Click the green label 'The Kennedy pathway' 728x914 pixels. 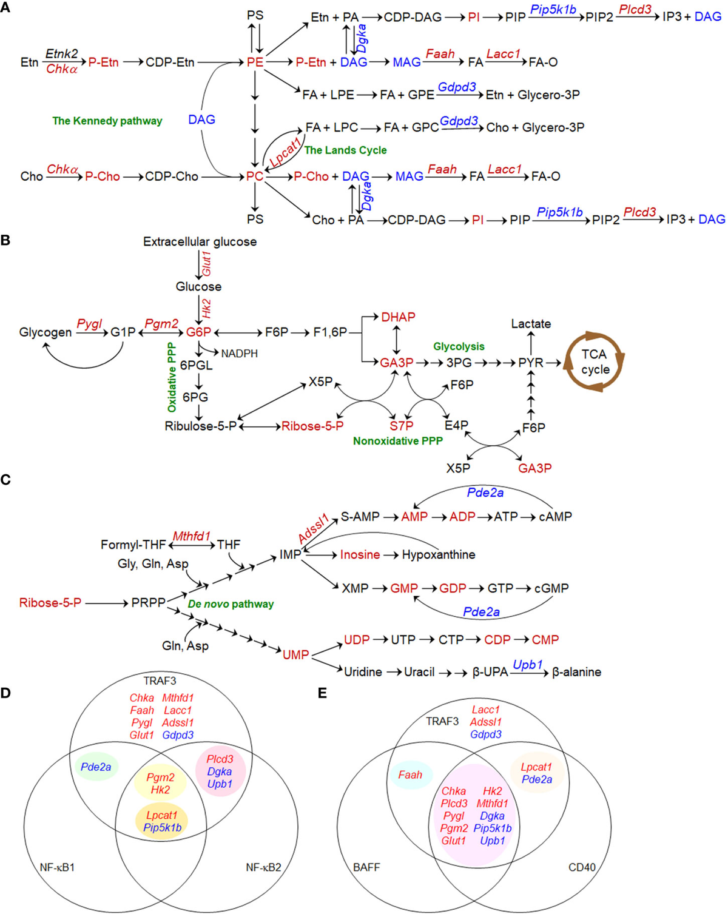point(107,121)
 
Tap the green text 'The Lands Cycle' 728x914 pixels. point(345,150)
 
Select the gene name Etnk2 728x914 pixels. point(61,53)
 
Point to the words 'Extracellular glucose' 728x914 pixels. point(200,241)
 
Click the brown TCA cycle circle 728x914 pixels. point(595,361)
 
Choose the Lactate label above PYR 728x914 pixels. point(531,324)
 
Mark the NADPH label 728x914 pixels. point(239,354)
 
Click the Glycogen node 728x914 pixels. point(45,332)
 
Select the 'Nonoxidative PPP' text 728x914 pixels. point(397,441)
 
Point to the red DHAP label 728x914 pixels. point(398,317)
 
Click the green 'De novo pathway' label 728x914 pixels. point(231,604)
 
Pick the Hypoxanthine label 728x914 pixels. point(439,554)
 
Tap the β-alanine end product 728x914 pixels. point(576,672)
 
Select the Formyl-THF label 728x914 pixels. point(133,545)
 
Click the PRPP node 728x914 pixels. point(148,603)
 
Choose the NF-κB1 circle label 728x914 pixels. point(57,867)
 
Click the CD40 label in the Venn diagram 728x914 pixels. point(582,867)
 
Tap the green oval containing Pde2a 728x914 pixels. point(96,767)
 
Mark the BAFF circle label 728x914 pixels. point(366,867)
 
